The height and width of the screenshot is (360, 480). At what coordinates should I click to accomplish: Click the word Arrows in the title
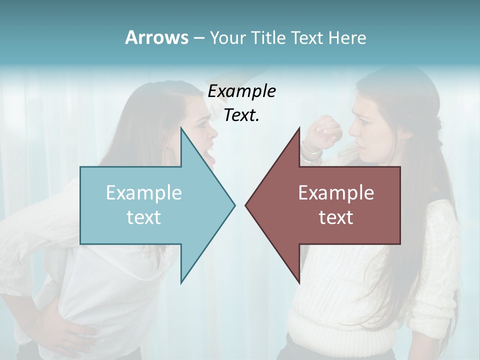[x=156, y=37]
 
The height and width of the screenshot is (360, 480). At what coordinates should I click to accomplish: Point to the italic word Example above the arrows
[x=241, y=91]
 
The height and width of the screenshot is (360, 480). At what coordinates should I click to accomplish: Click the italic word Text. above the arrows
[x=241, y=115]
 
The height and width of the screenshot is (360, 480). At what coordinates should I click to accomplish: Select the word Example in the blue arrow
[x=143, y=192]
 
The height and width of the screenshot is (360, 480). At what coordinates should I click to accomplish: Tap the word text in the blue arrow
[x=143, y=217]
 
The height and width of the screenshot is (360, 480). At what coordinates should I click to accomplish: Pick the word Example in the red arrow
[x=336, y=192]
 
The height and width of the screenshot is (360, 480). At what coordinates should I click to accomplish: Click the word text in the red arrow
[x=336, y=217]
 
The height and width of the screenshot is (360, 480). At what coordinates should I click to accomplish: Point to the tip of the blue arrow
[x=234, y=204]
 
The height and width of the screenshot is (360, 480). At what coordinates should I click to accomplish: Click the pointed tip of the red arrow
[x=246, y=204]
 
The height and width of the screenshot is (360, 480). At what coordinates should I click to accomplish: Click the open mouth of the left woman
[x=212, y=159]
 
